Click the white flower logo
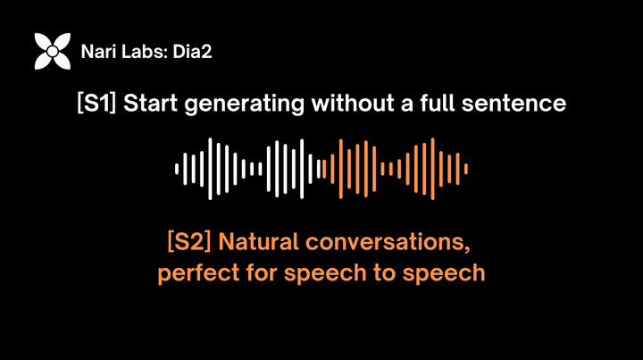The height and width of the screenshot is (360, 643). point(52,52)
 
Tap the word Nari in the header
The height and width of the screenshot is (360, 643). point(96,52)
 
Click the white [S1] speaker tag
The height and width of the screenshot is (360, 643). point(97,104)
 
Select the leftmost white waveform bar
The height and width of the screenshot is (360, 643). point(177,168)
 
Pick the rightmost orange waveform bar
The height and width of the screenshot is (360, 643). point(466,168)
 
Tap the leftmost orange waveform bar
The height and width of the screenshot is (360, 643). point(324,168)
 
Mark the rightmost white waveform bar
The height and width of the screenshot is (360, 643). point(318,168)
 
